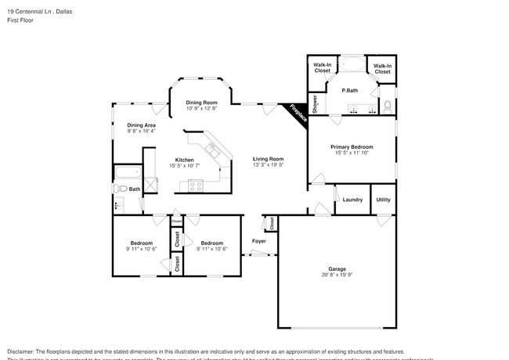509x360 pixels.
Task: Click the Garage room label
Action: pos(337,268)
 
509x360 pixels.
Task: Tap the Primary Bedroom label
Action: pos(351,146)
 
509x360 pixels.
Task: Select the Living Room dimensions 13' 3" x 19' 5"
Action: pos(268,165)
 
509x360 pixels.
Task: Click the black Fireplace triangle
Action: pos(297,113)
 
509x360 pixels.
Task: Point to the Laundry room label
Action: pos(352,200)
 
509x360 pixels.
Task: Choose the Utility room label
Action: pos(383,200)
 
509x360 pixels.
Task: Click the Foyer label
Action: pos(258,241)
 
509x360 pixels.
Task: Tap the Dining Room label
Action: pos(201,103)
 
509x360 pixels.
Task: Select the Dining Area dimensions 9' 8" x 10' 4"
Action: pos(142,131)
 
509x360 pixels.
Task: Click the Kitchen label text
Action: pos(184,160)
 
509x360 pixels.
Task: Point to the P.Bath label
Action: pos(350,91)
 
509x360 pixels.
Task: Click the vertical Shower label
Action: pos(316,104)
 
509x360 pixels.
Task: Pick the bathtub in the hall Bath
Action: pos(127,173)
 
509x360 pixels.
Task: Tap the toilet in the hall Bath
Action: pos(121,189)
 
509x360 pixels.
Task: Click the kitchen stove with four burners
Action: pos(195,186)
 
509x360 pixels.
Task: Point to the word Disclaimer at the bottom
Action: pos(22,351)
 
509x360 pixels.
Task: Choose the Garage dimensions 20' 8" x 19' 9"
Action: pos(337,275)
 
